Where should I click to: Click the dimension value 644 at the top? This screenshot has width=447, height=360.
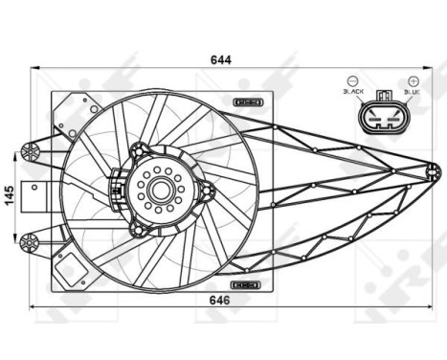tap(221, 59)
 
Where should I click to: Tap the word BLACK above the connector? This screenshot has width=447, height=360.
tap(353, 92)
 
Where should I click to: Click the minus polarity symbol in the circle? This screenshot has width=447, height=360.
tap(353, 80)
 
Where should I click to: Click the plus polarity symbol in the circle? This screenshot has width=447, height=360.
tap(413, 80)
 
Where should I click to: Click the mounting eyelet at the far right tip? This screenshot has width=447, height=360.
tap(434, 172)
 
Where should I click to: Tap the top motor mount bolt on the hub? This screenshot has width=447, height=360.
tap(139, 149)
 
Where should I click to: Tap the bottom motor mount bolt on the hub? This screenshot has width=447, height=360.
tap(139, 230)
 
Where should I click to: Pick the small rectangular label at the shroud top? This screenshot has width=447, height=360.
tap(248, 101)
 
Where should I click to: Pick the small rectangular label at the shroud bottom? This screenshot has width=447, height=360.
tap(248, 284)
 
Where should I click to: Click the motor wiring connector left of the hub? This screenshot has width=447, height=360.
tap(117, 183)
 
